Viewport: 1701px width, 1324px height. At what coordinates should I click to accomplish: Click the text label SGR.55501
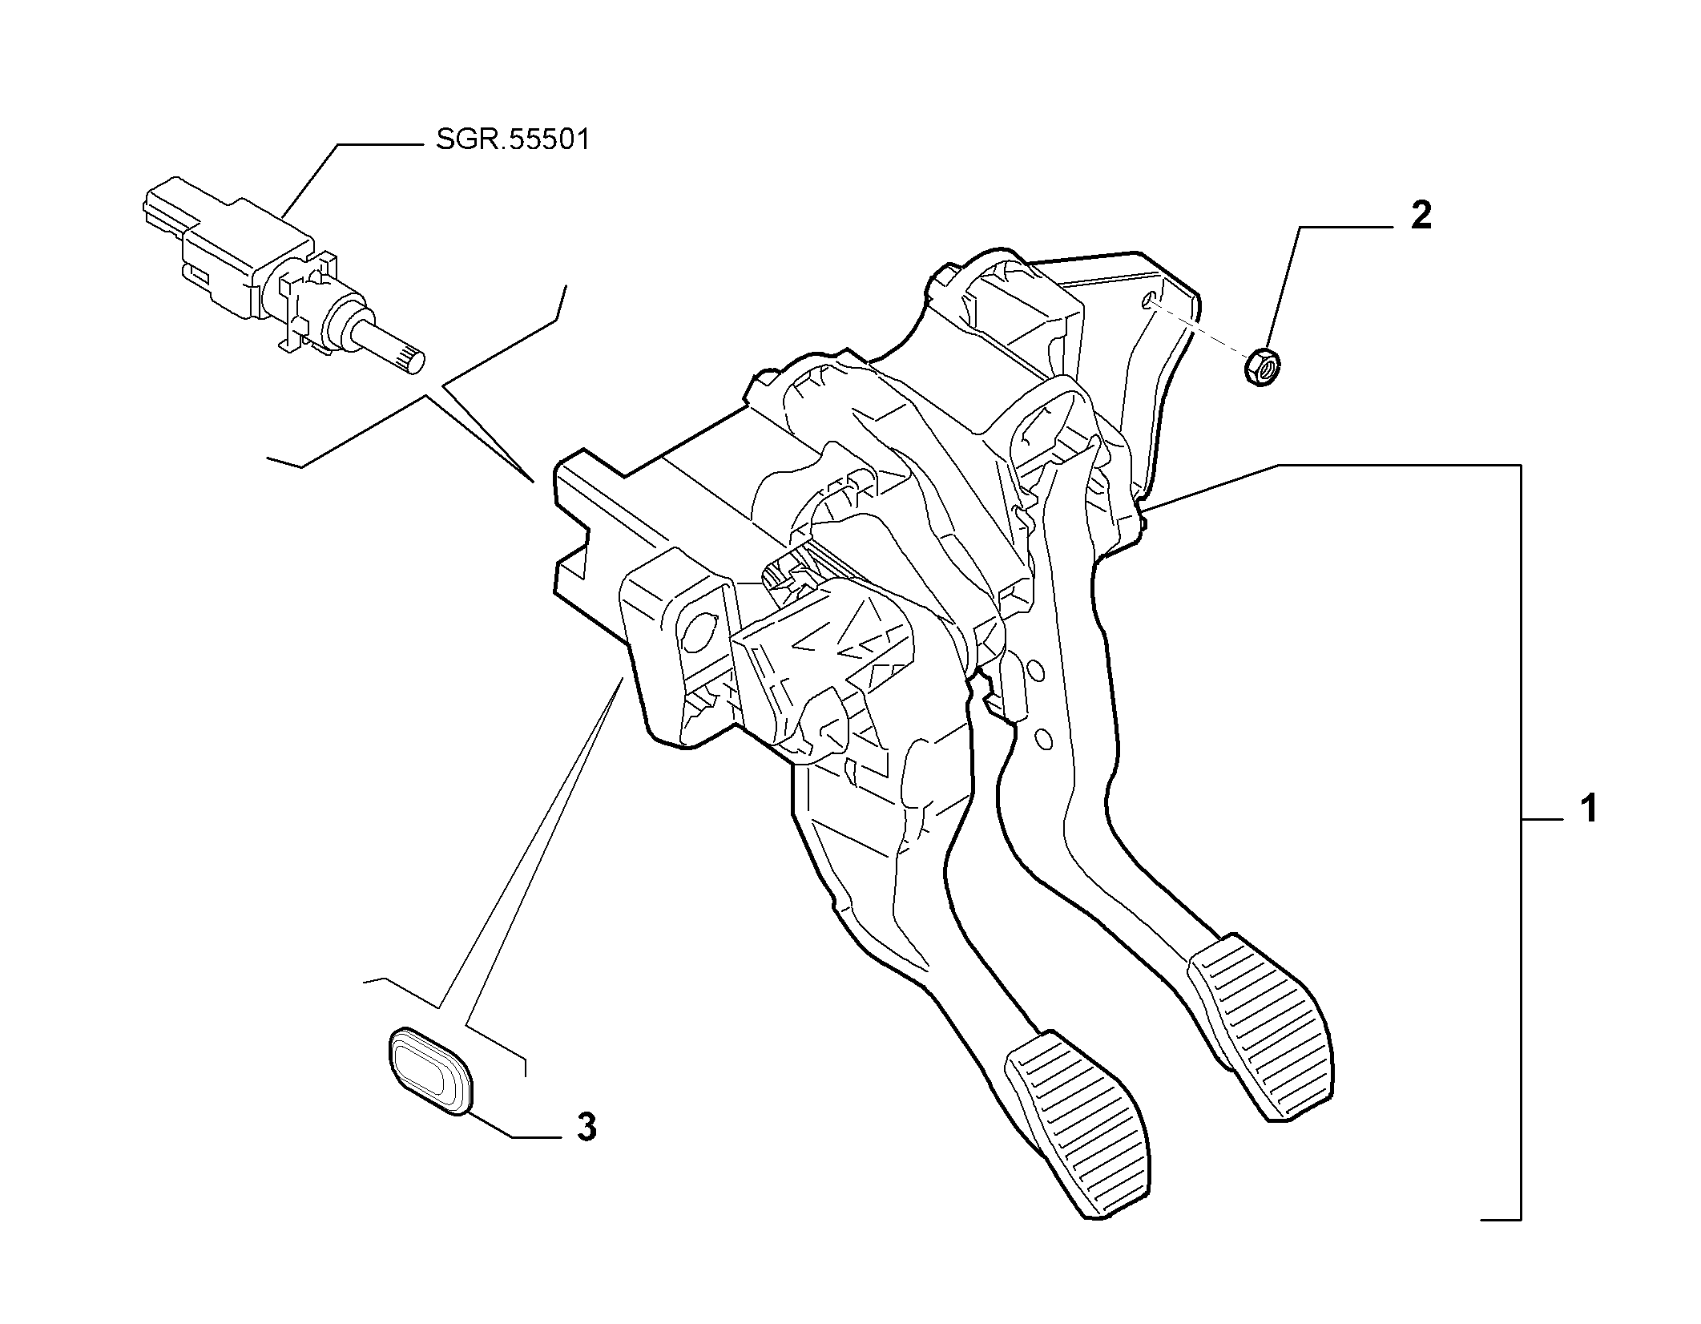click(513, 140)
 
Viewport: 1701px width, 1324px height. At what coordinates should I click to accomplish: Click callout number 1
click(1587, 809)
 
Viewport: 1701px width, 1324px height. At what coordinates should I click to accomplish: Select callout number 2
click(1421, 216)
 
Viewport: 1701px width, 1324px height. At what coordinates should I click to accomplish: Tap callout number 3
click(586, 1128)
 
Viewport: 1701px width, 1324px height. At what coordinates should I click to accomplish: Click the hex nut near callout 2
click(1262, 368)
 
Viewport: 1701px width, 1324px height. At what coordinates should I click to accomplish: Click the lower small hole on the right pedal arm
click(1043, 738)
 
